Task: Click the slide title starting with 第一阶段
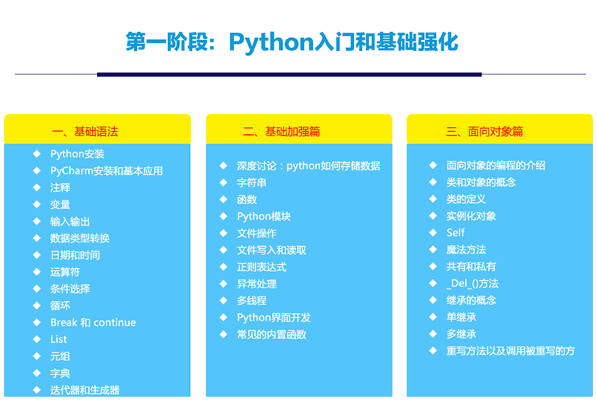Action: [292, 42]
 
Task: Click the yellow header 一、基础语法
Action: [85, 132]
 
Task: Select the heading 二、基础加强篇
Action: [282, 132]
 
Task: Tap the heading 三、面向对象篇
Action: [484, 132]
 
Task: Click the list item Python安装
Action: [77, 154]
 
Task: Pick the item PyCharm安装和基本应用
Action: [107, 171]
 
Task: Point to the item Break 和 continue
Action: [93, 322]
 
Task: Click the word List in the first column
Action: [58, 339]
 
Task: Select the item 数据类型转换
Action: [80, 238]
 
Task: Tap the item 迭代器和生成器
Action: [85, 390]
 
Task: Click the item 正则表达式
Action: [262, 267]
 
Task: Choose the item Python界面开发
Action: [274, 317]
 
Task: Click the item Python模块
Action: [264, 216]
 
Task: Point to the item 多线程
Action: [252, 301]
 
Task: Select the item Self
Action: [455, 233]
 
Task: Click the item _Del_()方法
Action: [472, 284]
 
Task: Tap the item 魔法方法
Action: [466, 250]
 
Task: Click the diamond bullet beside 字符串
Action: [223, 182]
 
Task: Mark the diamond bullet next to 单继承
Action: [433, 317]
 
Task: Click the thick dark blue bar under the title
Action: [290, 75]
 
